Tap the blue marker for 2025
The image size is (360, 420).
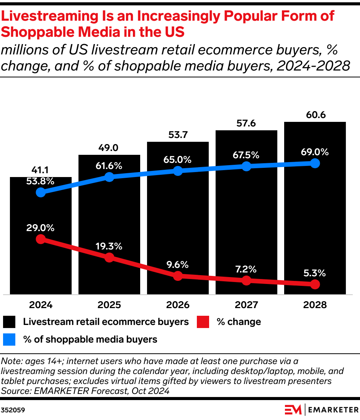click(x=109, y=177)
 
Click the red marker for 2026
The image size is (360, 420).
click(x=178, y=276)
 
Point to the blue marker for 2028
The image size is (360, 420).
click(x=315, y=163)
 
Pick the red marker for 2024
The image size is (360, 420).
click(x=41, y=239)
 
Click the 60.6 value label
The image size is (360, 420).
click(x=315, y=115)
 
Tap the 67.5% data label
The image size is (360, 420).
click(x=246, y=155)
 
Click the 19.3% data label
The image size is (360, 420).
click(x=109, y=246)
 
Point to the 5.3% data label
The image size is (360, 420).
click(x=315, y=273)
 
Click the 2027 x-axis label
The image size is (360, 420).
click(x=246, y=305)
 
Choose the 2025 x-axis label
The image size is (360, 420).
click(x=109, y=305)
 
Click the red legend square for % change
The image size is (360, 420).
click(x=203, y=322)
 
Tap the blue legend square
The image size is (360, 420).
click(x=9, y=339)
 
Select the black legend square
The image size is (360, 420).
click(x=9, y=322)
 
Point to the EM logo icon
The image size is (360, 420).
click(x=293, y=410)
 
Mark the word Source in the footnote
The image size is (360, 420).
click(x=14, y=390)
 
